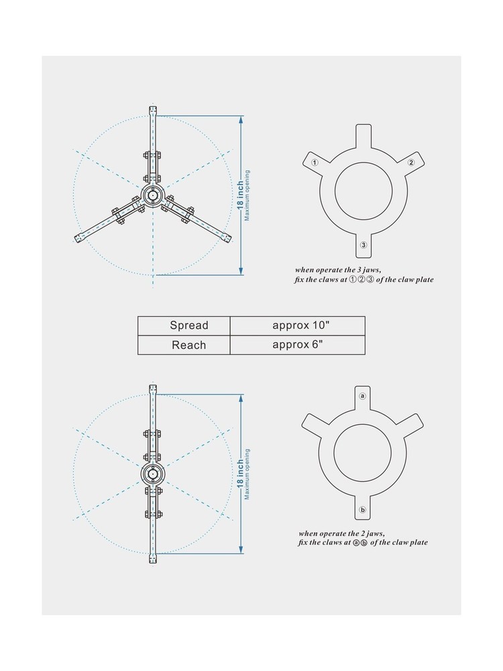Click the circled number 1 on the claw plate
point(315,162)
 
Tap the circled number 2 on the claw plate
point(411,162)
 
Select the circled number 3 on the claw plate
point(364,245)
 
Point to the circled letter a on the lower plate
point(363,397)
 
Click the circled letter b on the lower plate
point(363,510)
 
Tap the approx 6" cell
point(298,345)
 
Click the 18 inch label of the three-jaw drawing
point(240,195)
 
